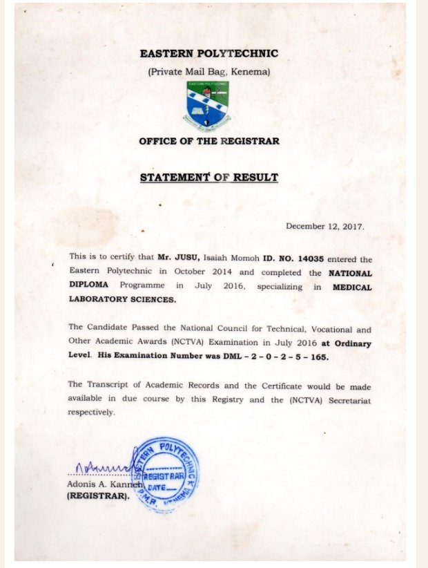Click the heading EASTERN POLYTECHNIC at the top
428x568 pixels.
click(x=208, y=54)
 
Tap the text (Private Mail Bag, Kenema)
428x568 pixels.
click(x=208, y=72)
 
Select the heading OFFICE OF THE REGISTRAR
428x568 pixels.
click(x=208, y=142)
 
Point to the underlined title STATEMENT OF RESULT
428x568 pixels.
click(x=208, y=178)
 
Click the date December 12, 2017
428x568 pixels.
click(x=324, y=226)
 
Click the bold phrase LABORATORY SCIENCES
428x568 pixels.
click(x=122, y=299)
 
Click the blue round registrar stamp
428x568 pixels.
click(x=167, y=473)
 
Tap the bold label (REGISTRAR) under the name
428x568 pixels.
click(x=97, y=496)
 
